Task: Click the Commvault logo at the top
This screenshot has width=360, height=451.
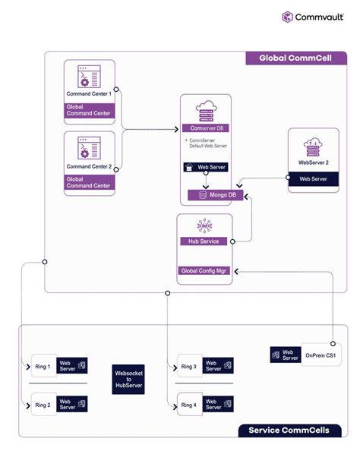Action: tap(314, 17)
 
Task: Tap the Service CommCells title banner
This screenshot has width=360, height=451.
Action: tap(289, 430)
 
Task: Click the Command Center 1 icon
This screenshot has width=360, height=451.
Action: tap(89, 77)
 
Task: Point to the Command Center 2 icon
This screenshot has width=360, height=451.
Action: tap(89, 148)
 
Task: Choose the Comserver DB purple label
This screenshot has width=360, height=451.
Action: tap(205, 128)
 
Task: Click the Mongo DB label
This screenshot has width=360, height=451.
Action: tap(209, 195)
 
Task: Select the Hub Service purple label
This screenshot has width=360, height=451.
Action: tap(204, 241)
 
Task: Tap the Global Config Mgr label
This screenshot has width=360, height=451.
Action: tap(204, 270)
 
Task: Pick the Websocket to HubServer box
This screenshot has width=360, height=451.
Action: tap(128, 380)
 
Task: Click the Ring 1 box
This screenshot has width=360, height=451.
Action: tap(43, 367)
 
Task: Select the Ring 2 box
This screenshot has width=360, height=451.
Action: tap(43, 405)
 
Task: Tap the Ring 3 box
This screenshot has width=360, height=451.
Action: tap(189, 367)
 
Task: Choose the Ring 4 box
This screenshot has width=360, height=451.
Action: tap(189, 405)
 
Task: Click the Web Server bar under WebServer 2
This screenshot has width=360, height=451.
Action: tap(313, 179)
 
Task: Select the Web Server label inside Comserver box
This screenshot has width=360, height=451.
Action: tap(207, 167)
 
